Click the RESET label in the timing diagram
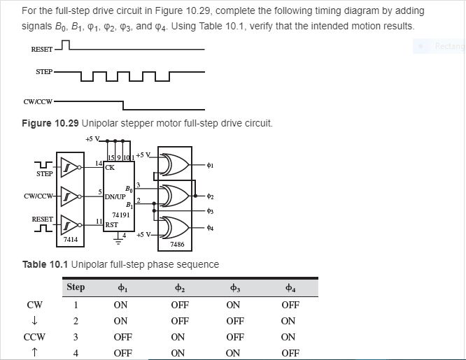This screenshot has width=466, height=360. (x=41, y=50)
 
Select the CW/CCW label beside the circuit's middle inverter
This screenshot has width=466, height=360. (x=38, y=196)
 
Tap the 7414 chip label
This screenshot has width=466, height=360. (x=71, y=240)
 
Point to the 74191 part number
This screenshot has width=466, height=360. (x=121, y=215)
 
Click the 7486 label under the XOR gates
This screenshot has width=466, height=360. (x=177, y=245)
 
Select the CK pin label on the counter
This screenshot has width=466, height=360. (x=110, y=168)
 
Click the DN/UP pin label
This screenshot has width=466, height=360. (x=115, y=197)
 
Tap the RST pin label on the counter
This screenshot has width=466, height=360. (x=111, y=225)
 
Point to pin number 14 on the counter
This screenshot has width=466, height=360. (x=99, y=163)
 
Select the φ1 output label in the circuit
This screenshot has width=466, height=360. (x=210, y=166)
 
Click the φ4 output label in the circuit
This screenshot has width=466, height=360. (x=210, y=227)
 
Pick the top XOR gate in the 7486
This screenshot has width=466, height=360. (x=174, y=166)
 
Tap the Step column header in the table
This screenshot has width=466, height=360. (x=76, y=287)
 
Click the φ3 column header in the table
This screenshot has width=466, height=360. (x=234, y=287)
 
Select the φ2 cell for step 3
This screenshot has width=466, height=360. (x=179, y=337)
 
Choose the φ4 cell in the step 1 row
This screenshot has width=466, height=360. (x=290, y=305)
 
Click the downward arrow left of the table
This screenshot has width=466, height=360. (x=34, y=321)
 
